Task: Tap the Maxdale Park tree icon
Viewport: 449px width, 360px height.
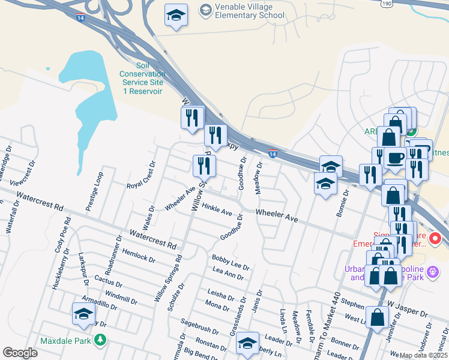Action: coord(101,341)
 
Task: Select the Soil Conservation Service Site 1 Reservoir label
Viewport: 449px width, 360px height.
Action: coord(143,78)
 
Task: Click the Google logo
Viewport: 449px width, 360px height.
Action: coord(20,353)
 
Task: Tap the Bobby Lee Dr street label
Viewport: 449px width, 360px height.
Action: coord(230,262)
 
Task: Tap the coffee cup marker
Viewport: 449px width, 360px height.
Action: coord(396,157)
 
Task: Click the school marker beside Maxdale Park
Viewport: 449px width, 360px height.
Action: coord(83,314)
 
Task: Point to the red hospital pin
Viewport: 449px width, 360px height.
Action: coord(435,238)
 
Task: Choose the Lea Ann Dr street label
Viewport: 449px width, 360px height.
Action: coord(228,274)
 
